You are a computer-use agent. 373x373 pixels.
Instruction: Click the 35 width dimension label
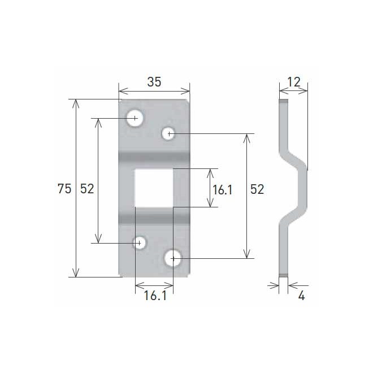click(154, 81)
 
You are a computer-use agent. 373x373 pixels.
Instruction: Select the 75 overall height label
click(64, 189)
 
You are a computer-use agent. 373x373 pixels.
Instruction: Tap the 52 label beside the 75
click(86, 189)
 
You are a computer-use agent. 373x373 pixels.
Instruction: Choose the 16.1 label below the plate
click(154, 296)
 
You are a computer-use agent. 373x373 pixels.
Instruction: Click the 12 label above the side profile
click(293, 82)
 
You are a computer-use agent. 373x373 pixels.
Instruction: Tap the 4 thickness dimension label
click(301, 296)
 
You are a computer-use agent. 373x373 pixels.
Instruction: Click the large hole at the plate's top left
click(135, 119)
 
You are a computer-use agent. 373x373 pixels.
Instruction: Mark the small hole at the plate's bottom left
click(139, 243)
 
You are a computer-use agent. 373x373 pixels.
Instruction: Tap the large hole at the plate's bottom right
click(174, 258)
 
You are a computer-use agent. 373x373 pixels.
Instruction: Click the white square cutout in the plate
click(153, 188)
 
